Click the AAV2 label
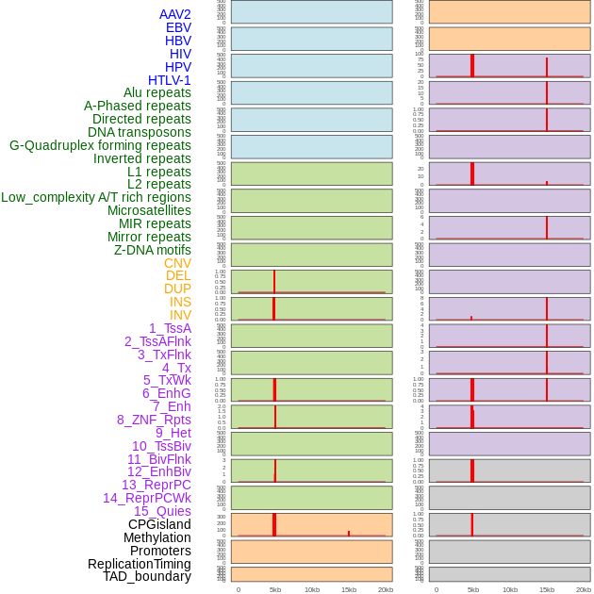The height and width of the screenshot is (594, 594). [x=174, y=14]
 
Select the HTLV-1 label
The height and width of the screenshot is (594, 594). [x=169, y=80]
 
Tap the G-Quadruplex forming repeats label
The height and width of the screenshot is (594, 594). [x=100, y=145]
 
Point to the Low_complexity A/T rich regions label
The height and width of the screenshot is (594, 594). [x=96, y=197]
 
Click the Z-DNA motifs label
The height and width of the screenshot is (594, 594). [x=152, y=250]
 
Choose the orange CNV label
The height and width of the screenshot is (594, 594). [x=177, y=263]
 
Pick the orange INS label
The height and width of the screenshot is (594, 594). [x=180, y=302]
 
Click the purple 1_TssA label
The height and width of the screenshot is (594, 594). [x=170, y=328]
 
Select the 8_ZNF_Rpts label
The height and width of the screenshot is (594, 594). [x=154, y=420]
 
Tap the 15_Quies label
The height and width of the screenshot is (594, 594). [x=162, y=511]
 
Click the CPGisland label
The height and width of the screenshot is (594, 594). [x=159, y=524]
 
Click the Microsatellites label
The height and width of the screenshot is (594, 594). [x=149, y=210]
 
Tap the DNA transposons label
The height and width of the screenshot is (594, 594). [x=140, y=132]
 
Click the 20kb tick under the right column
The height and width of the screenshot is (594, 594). [x=583, y=589]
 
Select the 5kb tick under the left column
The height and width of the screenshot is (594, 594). [x=275, y=589]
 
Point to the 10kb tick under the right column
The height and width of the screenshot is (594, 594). [x=510, y=589]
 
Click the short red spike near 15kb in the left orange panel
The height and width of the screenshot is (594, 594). [x=349, y=534]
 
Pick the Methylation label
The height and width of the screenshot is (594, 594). [x=157, y=537]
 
